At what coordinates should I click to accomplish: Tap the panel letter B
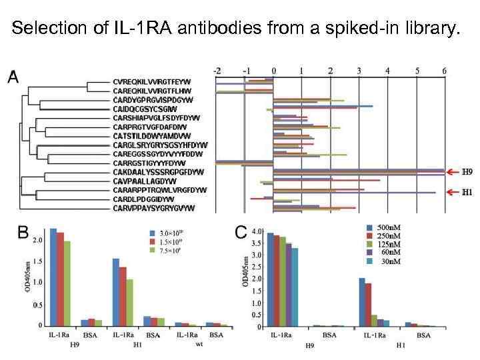23,233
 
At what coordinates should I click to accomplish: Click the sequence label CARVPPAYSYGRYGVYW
153,207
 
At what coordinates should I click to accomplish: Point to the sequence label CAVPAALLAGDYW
144,181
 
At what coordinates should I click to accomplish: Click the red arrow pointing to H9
453,171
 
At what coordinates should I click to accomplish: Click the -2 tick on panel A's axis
217,70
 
